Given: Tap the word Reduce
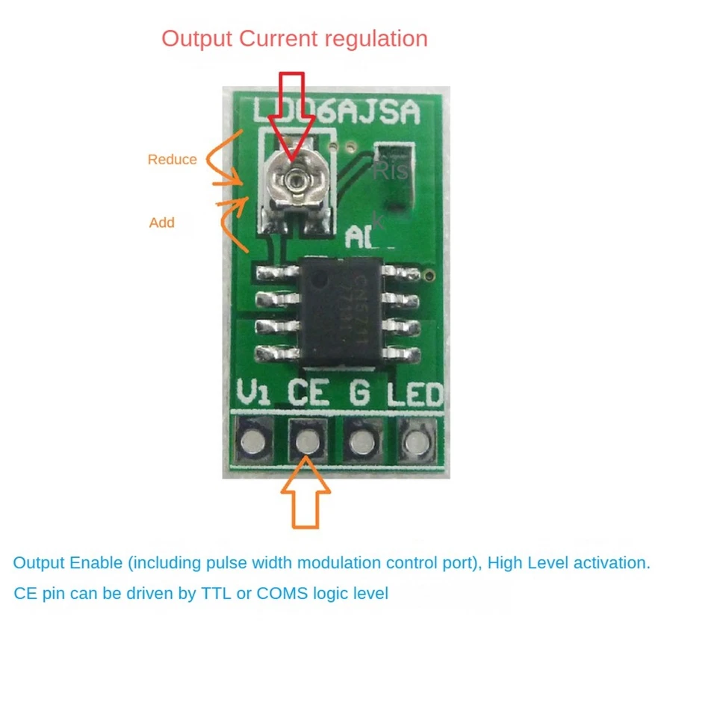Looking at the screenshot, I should [172, 159].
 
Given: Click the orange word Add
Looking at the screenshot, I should [161, 223].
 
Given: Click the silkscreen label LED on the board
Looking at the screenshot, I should [415, 394].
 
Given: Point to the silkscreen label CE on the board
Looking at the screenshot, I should [308, 393].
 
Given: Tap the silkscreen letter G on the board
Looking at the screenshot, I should [359, 393].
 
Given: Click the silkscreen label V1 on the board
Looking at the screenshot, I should [252, 393].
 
